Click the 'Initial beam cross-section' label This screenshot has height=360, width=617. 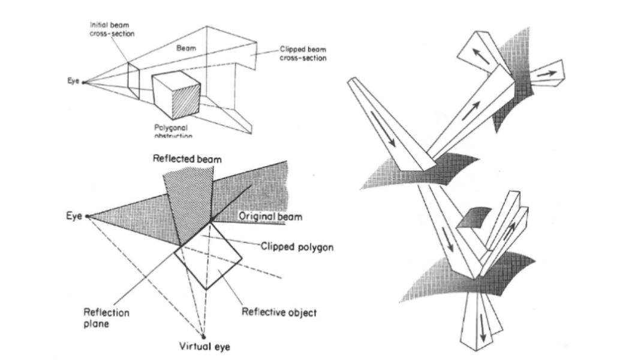coord(112,29)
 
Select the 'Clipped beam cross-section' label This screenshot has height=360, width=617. coord(302,54)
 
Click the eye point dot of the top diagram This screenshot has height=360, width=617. coord(83,82)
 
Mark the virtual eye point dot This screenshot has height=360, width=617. coord(203,336)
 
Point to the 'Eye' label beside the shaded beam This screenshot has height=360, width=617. coord(74,216)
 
